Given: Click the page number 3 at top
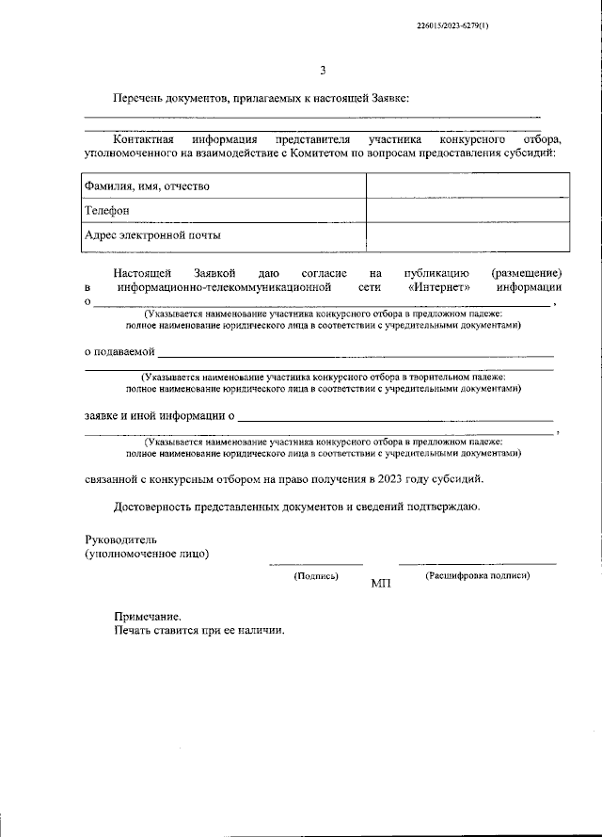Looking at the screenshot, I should click(323, 71).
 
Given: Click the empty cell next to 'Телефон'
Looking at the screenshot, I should click(467, 211).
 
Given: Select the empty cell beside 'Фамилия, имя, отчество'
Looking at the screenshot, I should click(467, 186).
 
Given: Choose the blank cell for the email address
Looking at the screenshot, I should click(467, 235).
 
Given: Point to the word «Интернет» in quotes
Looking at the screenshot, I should click(440, 287).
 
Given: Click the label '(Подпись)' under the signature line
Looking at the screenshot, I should click(315, 575).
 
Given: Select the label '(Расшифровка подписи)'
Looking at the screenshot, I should click(477, 574).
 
